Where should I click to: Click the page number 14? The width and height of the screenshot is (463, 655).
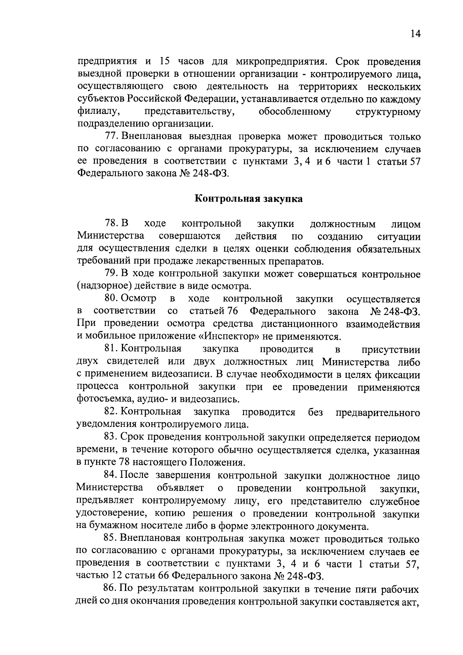pyautogui.click(x=415, y=34)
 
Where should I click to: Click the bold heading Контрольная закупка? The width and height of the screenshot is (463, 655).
pyautogui.click(x=248, y=199)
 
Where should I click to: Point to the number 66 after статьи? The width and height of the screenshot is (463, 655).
pyautogui.click(x=164, y=576)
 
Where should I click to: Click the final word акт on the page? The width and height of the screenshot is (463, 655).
pyautogui.click(x=411, y=602)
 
